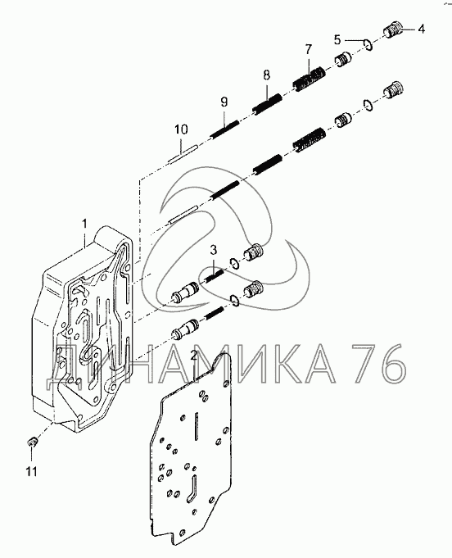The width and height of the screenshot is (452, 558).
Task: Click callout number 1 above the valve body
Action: (84, 224)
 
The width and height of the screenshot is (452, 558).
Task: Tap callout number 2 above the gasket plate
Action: (193, 355)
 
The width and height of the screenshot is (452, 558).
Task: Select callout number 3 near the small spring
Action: (213, 250)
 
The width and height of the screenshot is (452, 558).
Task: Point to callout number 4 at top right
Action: (421, 29)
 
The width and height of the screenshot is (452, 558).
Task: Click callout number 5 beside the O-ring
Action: (337, 39)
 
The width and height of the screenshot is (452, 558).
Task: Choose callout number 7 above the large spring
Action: (308, 49)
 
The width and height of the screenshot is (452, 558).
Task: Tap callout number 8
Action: (266, 75)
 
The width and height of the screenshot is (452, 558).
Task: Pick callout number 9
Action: (224, 102)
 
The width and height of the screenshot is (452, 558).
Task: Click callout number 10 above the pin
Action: (181, 129)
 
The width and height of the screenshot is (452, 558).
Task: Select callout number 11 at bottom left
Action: (31, 472)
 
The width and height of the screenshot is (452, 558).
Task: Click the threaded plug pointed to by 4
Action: (393, 29)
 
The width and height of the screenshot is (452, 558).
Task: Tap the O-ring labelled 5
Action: (368, 45)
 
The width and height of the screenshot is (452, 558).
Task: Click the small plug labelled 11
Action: (33, 442)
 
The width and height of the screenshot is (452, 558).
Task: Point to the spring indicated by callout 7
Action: (309, 79)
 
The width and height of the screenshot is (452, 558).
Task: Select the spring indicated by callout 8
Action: (267, 103)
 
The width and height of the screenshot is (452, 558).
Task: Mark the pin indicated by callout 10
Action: (182, 154)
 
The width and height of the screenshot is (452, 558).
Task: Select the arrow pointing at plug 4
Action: (409, 29)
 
